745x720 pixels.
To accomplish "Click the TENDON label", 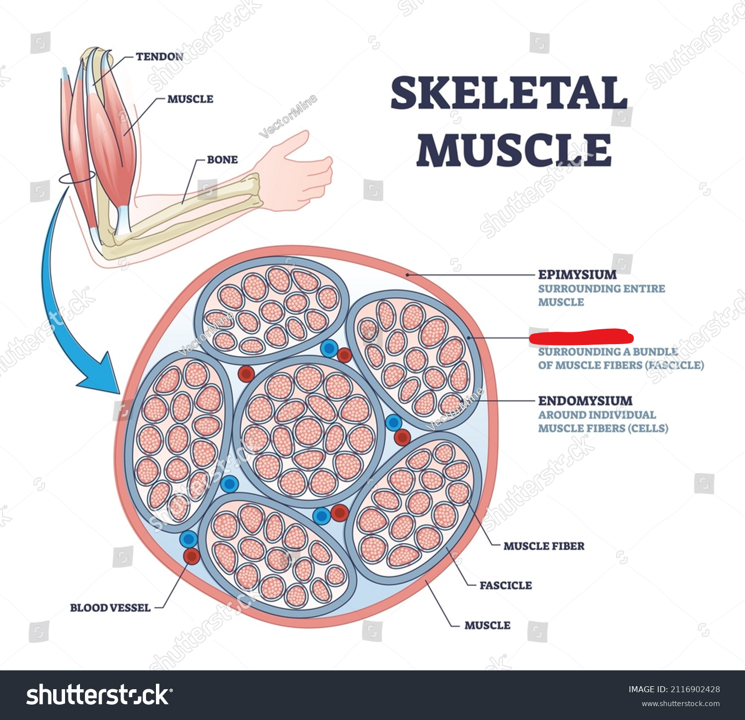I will tap(159, 57).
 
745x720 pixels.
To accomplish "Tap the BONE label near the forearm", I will tap(222, 160).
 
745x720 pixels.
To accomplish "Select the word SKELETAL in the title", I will tap(509, 93).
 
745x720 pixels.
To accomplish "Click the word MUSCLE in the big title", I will tap(514, 150).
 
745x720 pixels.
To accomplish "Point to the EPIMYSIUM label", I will tap(577, 275).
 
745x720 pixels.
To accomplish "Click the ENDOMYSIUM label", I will tap(585, 401).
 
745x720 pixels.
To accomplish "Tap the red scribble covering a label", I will tap(581, 337).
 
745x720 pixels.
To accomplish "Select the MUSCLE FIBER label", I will tap(543, 546).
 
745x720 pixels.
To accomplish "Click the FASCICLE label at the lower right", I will tap(505, 585).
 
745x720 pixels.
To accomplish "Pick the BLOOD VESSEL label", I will tap(110, 608).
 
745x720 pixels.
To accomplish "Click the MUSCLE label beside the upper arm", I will tap(190, 99).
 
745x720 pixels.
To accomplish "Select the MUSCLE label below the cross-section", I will tap(487, 626).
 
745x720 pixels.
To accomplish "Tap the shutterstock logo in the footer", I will tap(99, 695).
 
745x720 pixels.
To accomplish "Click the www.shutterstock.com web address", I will tap(680, 704).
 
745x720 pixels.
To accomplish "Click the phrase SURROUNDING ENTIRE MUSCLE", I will tap(601, 295).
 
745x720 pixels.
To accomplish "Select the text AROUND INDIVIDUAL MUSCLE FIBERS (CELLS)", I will tap(603, 422).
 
